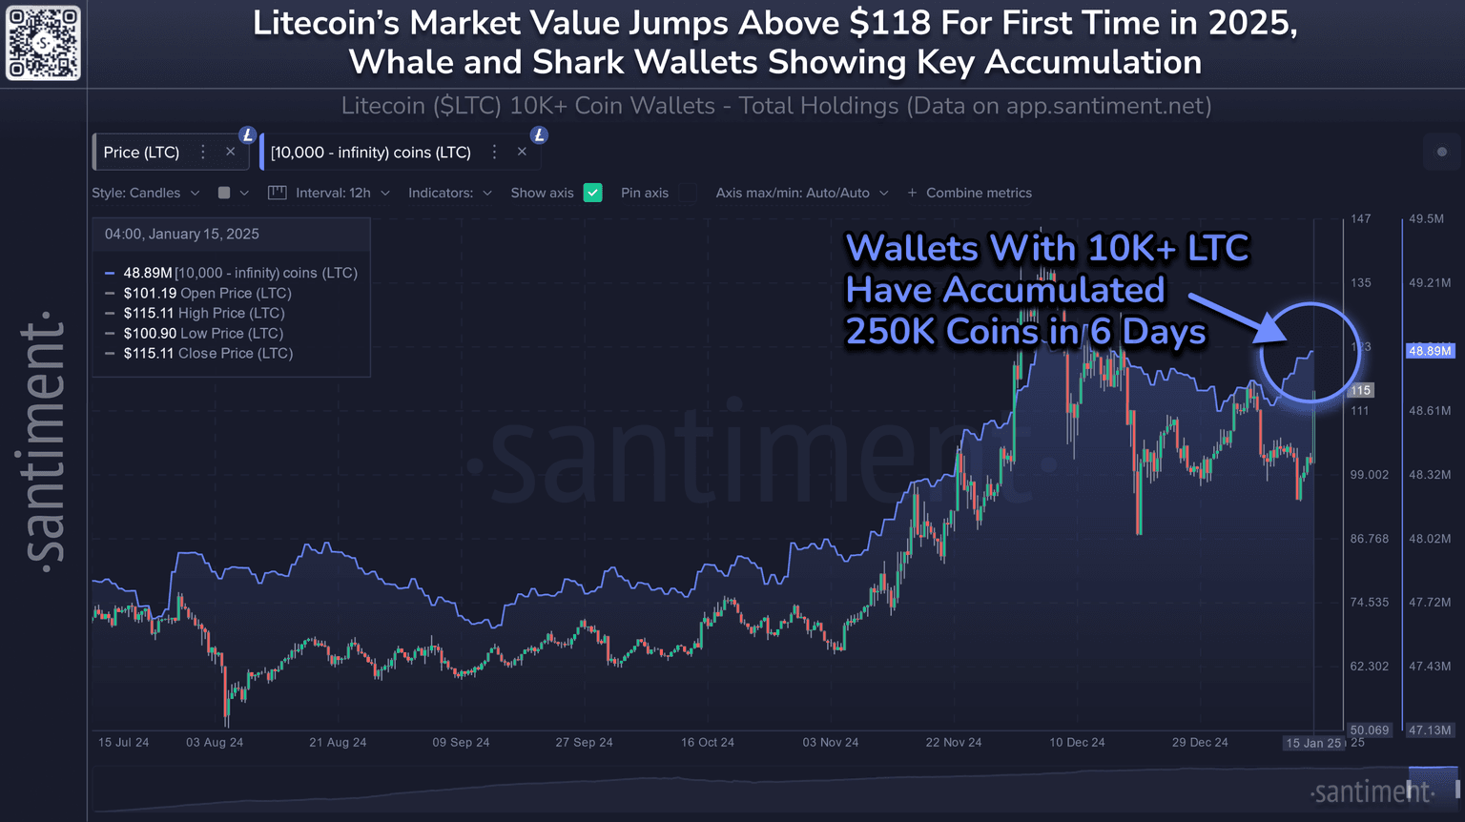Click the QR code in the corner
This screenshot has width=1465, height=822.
(43, 43)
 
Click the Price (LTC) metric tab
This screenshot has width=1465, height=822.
(141, 153)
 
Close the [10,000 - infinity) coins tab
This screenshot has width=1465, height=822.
(522, 152)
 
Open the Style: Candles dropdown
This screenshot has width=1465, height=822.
(146, 193)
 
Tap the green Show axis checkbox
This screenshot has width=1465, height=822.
(592, 193)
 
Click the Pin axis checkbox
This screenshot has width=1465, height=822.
(687, 193)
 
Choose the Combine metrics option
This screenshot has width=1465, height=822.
(970, 193)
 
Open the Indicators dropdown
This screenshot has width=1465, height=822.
(450, 193)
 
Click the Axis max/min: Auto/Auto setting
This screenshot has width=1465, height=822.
(802, 193)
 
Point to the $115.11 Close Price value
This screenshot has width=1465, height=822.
(149, 353)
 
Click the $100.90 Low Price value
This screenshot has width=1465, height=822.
(150, 333)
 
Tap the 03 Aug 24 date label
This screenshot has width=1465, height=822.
(215, 742)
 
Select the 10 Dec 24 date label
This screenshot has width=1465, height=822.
(1077, 742)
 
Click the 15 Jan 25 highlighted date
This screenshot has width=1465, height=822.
(1313, 743)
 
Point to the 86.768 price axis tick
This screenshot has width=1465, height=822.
(1370, 539)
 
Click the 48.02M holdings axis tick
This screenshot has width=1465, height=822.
(1430, 539)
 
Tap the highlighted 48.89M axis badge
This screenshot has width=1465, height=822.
(1430, 351)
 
